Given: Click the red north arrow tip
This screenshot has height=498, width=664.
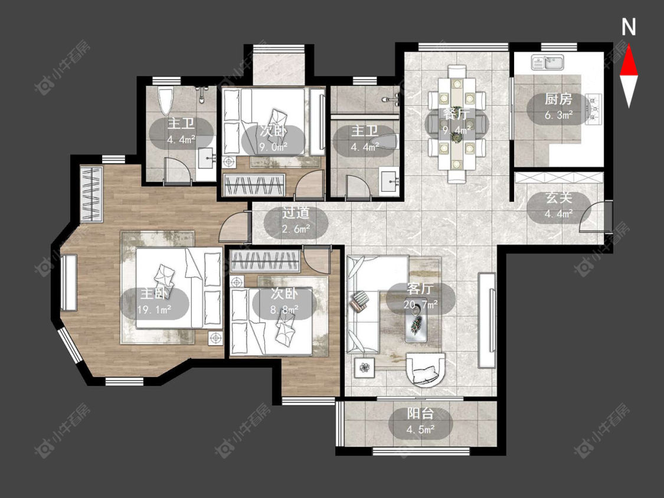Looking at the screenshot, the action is coord(629,45).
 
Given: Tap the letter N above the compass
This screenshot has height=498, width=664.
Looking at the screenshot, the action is coord(629,28).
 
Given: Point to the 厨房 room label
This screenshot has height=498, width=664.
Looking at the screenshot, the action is coord(558,100).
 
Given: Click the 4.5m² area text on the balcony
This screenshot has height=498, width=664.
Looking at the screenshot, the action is coord(420,430).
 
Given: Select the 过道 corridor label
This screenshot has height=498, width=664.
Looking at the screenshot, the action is coord(296,213).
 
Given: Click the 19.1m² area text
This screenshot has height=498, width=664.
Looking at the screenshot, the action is coord(154,310).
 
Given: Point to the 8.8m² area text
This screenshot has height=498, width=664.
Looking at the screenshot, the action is coord(284,310).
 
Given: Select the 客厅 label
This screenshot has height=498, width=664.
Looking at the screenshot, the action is coord(420,289).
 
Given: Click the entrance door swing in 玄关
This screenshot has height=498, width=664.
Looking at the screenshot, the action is coord(593,217).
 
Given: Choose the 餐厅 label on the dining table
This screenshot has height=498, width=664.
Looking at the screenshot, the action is coord(456,114).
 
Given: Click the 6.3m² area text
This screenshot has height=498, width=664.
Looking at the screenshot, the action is coord(558,114).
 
